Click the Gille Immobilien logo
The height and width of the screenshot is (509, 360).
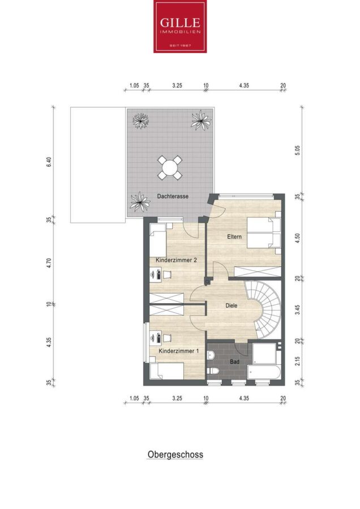pyautogui.click(x=180, y=26)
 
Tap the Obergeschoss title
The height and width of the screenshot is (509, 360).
pyautogui.click(x=175, y=455)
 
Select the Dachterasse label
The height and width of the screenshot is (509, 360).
pyautogui.click(x=173, y=196)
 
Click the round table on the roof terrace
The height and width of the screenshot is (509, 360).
pyautogui.click(x=170, y=168)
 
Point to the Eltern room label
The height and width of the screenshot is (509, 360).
pyautogui.click(x=234, y=236)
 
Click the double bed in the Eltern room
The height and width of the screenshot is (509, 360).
pyautogui.click(x=264, y=232)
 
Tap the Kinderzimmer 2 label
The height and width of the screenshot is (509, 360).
pyautogui.click(x=176, y=260)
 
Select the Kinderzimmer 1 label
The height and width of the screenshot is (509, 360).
pyautogui.click(x=178, y=351)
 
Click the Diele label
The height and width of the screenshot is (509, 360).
pyautogui.click(x=232, y=305)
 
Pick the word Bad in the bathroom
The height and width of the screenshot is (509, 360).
pyautogui.click(x=234, y=361)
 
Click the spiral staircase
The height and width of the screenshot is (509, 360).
pyautogui.click(x=264, y=309)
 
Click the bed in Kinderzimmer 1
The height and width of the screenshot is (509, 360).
pyautogui.click(x=166, y=371)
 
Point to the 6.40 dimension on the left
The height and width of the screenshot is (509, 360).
pyautogui.click(x=49, y=162)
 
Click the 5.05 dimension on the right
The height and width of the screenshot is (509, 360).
pyautogui.click(x=298, y=150)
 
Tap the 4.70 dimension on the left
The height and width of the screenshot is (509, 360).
pyautogui.click(x=49, y=262)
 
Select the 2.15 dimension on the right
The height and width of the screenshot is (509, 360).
pyautogui.click(x=298, y=361)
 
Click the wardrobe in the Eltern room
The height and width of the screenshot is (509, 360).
pyautogui.click(x=258, y=271)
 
